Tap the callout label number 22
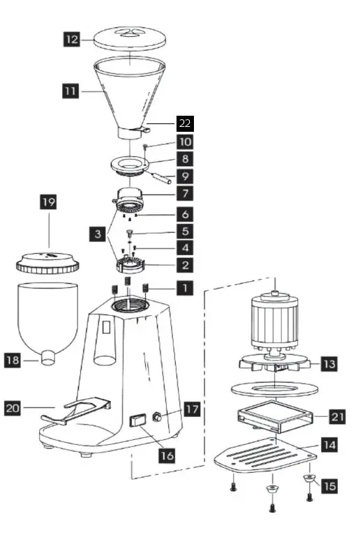coord(184,123)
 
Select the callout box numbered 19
coord(47,203)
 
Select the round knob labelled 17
coord(158,417)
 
